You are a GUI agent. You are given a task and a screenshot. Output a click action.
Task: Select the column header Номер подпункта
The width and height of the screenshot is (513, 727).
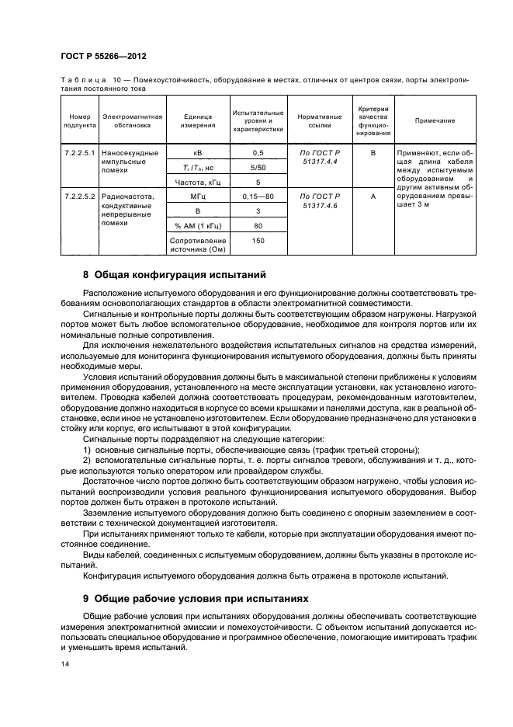(x=79, y=120)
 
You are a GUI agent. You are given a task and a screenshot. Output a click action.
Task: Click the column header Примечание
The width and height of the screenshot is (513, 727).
(x=435, y=120)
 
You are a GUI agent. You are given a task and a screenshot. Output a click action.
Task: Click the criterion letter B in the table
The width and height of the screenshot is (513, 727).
(x=373, y=153)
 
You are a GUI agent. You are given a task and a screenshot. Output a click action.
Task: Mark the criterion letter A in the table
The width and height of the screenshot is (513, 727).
(x=373, y=197)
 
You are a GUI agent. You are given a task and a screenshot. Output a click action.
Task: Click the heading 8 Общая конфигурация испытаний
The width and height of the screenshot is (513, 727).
(x=175, y=274)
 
